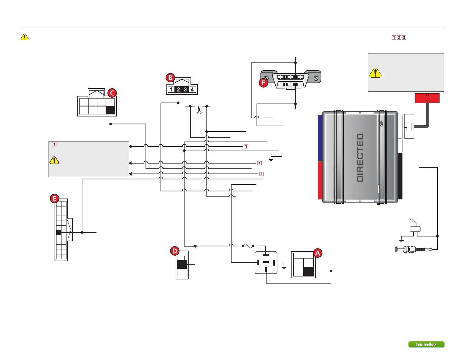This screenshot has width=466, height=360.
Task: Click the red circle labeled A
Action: point(317,253)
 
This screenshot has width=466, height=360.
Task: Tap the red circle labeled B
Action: point(170,78)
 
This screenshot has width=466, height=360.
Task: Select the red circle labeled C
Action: point(112,93)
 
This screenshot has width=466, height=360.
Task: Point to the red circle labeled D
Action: point(175,251)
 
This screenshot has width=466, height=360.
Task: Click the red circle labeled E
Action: point(54,199)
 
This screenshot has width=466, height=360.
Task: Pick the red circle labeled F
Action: point(263,83)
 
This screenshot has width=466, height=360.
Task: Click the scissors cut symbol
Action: point(199,110)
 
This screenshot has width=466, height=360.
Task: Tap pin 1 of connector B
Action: point(171,89)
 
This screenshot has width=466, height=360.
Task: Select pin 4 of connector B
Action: point(192,89)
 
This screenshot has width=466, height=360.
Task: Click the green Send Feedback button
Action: point(426,344)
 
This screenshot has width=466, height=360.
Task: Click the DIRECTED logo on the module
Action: point(360,157)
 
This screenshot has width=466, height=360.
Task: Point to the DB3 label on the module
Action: point(382,124)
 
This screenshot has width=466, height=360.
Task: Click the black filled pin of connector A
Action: point(308,271)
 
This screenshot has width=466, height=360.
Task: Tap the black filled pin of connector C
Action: point(110,110)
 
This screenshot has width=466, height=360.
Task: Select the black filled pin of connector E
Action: point(59,232)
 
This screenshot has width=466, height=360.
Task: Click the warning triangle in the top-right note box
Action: point(375,73)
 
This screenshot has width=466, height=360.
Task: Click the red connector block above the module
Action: point(427,98)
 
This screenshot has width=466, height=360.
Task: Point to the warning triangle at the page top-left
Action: point(25,37)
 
